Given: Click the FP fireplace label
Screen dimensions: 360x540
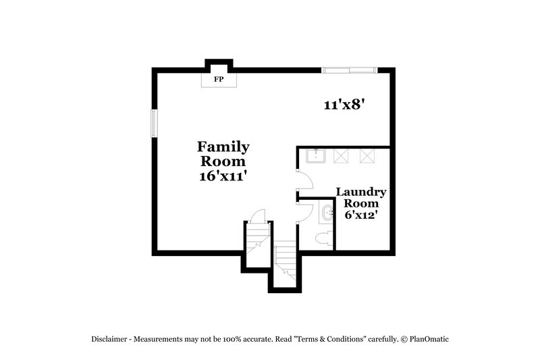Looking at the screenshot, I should pos(219,80).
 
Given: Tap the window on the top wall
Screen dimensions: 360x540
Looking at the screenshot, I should pos(348,70).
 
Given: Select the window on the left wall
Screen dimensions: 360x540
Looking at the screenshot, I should pos(155,124).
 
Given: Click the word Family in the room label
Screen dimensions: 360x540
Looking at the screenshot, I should pos(223,147).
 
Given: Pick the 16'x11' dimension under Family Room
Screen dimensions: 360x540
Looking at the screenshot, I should pos(223,176).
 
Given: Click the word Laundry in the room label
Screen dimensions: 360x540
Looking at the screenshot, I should pos(361,192).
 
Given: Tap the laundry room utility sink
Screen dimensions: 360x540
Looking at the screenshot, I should pos(316,156).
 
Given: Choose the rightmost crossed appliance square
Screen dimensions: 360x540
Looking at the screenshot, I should pos(367,156).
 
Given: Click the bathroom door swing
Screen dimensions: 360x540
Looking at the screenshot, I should pos(305,211).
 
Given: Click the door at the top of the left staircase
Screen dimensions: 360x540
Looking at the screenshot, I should pos(257,215).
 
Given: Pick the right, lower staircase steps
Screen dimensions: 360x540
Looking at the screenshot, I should pos(286,261).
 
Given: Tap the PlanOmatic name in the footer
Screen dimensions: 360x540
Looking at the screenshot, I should pos(428,338).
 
